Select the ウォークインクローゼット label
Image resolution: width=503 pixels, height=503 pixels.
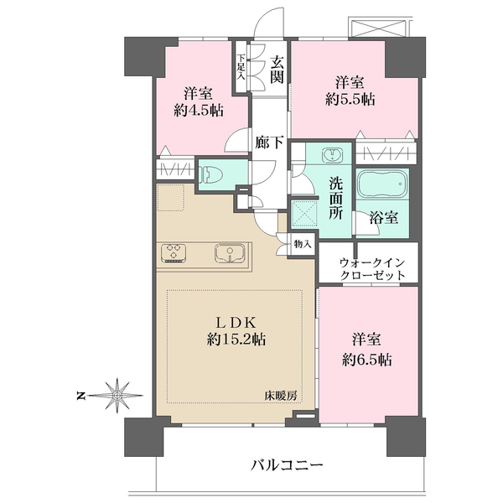coord(372,267)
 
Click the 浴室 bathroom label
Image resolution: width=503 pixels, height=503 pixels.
coord(386,216)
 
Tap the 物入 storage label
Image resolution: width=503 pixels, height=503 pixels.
coord(303,244)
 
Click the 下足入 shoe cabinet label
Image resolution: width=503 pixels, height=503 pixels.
coord(241,66)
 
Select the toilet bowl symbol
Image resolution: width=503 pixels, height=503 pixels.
coord(212,174)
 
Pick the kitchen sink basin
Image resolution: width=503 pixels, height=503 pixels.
coord(228,252)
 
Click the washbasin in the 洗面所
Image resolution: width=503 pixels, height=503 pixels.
coord(333,155)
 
